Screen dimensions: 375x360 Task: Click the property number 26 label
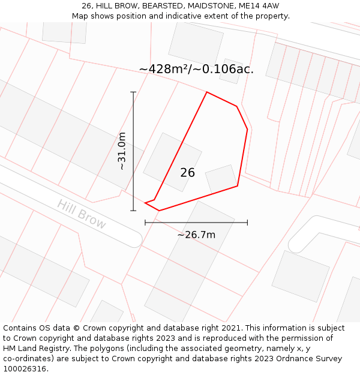(x=187, y=173)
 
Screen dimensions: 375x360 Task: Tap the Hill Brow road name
(x=82, y=214)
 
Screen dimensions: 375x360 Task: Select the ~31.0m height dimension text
(x=122, y=151)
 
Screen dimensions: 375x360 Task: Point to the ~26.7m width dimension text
(x=196, y=235)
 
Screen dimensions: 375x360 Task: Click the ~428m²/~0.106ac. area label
(x=196, y=69)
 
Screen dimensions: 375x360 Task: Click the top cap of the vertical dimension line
(x=133, y=92)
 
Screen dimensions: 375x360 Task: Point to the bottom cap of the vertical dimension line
(x=133, y=211)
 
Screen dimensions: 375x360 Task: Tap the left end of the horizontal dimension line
(x=145, y=223)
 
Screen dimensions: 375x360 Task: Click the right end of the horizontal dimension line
(x=247, y=223)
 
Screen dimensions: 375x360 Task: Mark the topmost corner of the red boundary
(x=207, y=92)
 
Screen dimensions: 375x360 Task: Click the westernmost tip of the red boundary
(x=145, y=203)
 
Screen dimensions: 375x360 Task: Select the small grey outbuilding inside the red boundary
(x=221, y=179)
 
